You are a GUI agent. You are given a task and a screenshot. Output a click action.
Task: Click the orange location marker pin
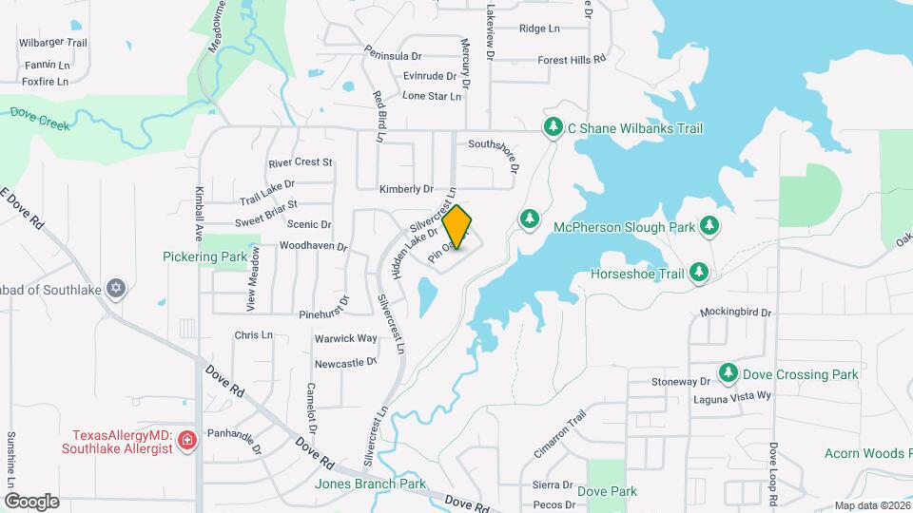click(x=457, y=226)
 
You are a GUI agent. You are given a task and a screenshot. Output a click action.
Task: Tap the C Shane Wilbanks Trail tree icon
click(x=553, y=127)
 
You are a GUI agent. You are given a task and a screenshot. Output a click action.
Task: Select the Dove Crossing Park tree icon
click(x=728, y=374)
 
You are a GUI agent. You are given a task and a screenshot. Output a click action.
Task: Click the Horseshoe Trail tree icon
click(x=699, y=273)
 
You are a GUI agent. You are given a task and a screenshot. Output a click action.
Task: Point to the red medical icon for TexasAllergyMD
click(x=186, y=440)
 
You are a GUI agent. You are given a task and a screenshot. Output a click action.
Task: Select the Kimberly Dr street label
click(x=406, y=189)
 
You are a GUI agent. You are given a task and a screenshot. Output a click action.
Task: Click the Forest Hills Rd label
click(x=572, y=59)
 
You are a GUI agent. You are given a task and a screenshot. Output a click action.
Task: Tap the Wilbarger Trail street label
click(x=53, y=43)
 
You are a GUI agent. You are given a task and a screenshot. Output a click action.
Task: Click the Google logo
click(x=31, y=501)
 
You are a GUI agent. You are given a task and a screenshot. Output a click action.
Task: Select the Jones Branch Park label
click(x=370, y=484)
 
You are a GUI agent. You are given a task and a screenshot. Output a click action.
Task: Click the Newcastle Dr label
click(x=346, y=363)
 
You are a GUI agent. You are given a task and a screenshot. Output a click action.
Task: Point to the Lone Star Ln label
click(x=432, y=96)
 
